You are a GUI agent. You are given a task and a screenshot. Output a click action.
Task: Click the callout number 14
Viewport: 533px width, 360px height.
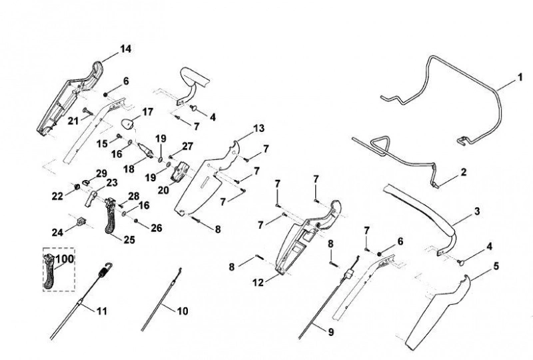pyautogui.click(x=125, y=49)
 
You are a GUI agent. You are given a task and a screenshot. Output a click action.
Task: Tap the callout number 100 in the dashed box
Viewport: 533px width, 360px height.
pyautogui.click(x=65, y=259)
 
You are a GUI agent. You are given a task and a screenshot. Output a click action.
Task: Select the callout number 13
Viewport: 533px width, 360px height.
pyautogui.click(x=259, y=129)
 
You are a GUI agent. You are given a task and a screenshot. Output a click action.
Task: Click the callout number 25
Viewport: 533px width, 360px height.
pyautogui.click(x=129, y=240)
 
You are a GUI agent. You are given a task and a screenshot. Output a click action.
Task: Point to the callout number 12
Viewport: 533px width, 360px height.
pyautogui.click(x=258, y=283)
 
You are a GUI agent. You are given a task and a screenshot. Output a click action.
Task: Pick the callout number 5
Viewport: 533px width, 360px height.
pyautogui.click(x=496, y=266)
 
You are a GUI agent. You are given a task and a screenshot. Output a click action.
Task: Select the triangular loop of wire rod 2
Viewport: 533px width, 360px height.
pyautogui.click(x=380, y=145)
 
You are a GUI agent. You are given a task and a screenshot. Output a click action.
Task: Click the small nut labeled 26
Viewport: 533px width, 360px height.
pyautogui.click(x=136, y=221)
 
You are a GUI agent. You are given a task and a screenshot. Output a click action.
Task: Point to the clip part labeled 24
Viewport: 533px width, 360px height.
pyautogui.click(x=81, y=221)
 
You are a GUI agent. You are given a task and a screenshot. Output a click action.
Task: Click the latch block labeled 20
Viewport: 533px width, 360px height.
pyautogui.click(x=179, y=171)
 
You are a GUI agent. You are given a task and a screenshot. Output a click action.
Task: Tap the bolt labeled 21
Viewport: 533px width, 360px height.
pyautogui.click(x=88, y=111)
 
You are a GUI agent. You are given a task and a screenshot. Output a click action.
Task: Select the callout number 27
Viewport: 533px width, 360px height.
pyautogui.click(x=188, y=146)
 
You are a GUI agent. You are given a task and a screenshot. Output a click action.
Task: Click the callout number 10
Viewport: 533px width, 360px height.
pyautogui.click(x=183, y=311)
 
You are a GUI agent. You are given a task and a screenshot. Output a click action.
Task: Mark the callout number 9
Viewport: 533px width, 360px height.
pyautogui.click(x=330, y=332)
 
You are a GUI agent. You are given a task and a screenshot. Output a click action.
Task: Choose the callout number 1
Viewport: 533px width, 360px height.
pyautogui.click(x=520, y=77)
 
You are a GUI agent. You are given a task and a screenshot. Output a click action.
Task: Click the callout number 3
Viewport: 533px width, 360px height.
pyautogui.click(x=477, y=211)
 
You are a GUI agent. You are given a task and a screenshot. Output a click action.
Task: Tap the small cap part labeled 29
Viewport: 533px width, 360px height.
pyautogui.click(x=86, y=181)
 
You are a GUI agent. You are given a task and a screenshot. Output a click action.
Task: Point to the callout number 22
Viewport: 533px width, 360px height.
pyautogui.click(x=57, y=196)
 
